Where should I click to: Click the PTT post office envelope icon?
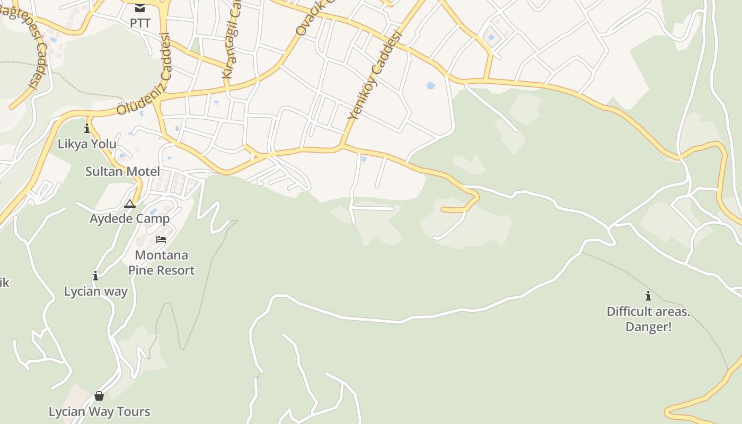[140, 7]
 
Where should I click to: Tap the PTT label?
[140, 23]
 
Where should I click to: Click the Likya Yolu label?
[87, 144]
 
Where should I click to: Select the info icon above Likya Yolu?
[87, 128]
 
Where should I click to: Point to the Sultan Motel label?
[122, 171]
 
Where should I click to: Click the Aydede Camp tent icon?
[130, 204]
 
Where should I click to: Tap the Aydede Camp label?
[130, 218]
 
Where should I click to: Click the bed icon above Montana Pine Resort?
[161, 240]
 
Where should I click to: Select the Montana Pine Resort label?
[161, 262]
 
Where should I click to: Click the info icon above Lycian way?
[95, 276]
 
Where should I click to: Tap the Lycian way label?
[96, 291]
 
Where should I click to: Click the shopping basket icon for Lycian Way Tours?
[99, 395]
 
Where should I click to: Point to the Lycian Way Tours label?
[100, 411]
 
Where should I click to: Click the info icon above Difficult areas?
[648, 296]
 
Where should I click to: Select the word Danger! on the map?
[648, 326]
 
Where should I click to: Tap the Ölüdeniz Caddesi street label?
[144, 74]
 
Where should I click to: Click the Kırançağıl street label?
[232, 45]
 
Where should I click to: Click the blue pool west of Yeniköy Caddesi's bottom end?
[364, 158]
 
